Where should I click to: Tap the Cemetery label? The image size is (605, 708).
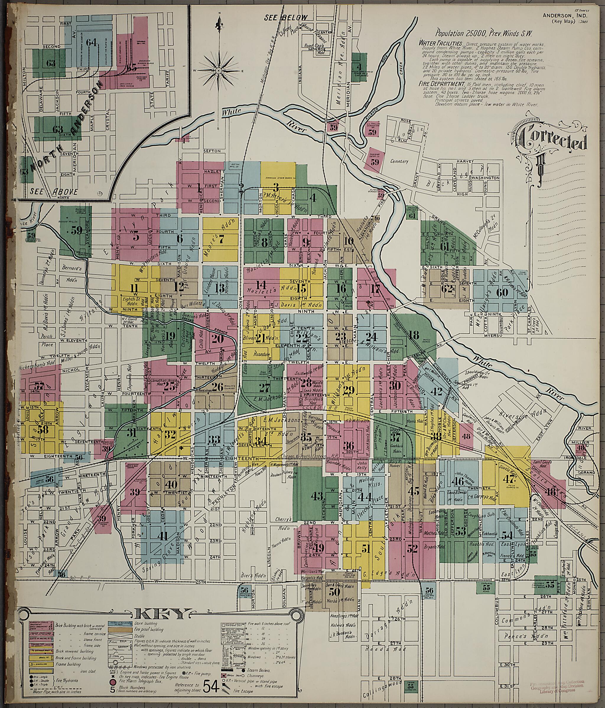399,161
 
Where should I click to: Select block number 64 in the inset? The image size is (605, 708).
91,43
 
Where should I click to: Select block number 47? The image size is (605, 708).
508,479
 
